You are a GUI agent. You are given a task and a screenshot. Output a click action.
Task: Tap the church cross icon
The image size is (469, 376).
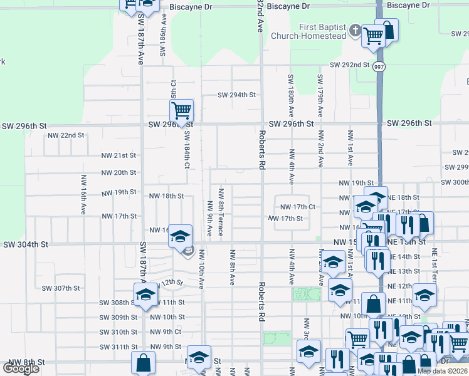point(355,30)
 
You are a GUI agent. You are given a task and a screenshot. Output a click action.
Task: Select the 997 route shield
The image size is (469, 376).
point(379,66)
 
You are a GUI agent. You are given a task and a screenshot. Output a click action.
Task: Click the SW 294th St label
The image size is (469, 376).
point(237,95)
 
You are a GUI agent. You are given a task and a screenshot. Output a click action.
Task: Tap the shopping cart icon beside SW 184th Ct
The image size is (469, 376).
point(181,111)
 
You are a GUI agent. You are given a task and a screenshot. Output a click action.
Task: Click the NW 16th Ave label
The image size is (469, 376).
point(83,194)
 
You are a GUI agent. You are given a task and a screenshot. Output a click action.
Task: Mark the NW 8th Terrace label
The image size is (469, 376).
point(221,212)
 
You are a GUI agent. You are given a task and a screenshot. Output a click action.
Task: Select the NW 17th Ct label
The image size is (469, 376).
point(297,207)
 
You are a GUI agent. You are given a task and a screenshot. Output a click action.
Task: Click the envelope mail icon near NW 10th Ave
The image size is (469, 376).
point(188,252)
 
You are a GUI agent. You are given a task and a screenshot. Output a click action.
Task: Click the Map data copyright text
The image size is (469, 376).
point(443,371)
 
